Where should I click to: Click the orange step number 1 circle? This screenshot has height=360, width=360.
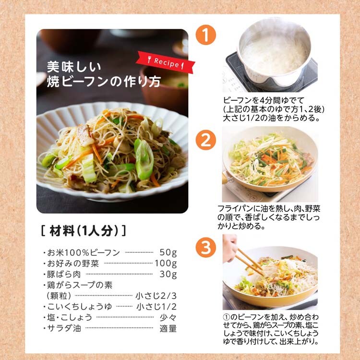(206, 35)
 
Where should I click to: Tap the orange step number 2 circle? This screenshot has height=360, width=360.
(206, 140)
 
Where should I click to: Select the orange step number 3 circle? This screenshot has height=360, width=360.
(206, 247)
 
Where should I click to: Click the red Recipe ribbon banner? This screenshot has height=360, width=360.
(165, 62)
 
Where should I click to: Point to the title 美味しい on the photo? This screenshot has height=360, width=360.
(74, 67)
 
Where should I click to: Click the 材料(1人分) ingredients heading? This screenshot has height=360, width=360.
(84, 230)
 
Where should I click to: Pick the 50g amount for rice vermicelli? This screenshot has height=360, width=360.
(168, 252)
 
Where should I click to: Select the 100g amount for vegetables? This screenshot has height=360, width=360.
(166, 263)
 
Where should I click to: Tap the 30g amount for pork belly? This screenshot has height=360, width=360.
(168, 274)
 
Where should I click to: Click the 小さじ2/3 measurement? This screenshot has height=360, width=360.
(156, 296)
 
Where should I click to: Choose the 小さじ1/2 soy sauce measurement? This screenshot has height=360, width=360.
(156, 307)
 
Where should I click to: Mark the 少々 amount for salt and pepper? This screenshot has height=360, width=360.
(168, 317)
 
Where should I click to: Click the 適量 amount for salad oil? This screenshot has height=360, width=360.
(168, 328)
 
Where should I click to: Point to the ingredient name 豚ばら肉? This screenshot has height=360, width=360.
(64, 274)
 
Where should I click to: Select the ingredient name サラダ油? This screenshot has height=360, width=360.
(64, 328)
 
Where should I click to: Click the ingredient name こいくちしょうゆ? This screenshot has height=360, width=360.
(79, 307)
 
